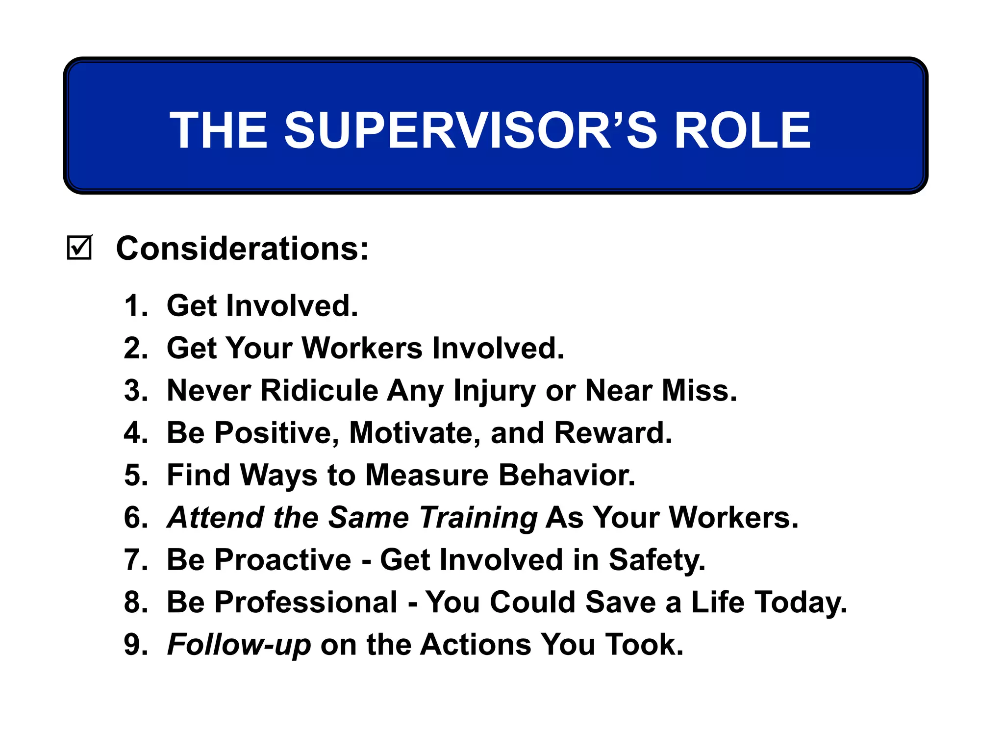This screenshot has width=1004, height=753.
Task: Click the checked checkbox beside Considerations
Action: tap(79, 248)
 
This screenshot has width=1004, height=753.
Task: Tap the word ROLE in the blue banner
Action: tap(742, 130)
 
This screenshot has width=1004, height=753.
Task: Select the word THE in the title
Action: tap(219, 130)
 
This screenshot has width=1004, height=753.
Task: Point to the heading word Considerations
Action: tap(242, 249)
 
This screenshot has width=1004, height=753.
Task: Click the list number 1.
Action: tap(135, 306)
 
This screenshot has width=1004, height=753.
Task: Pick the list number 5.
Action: tap(135, 475)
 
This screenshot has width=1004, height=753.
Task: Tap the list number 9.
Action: tap(135, 644)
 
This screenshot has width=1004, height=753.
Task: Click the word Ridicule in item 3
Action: tap(319, 391)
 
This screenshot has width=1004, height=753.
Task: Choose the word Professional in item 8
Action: tap(306, 602)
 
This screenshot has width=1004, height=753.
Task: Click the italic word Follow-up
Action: tap(239, 645)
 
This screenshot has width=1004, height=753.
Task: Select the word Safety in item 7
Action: tap(656, 560)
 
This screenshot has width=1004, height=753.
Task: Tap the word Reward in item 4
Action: tap(612, 433)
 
